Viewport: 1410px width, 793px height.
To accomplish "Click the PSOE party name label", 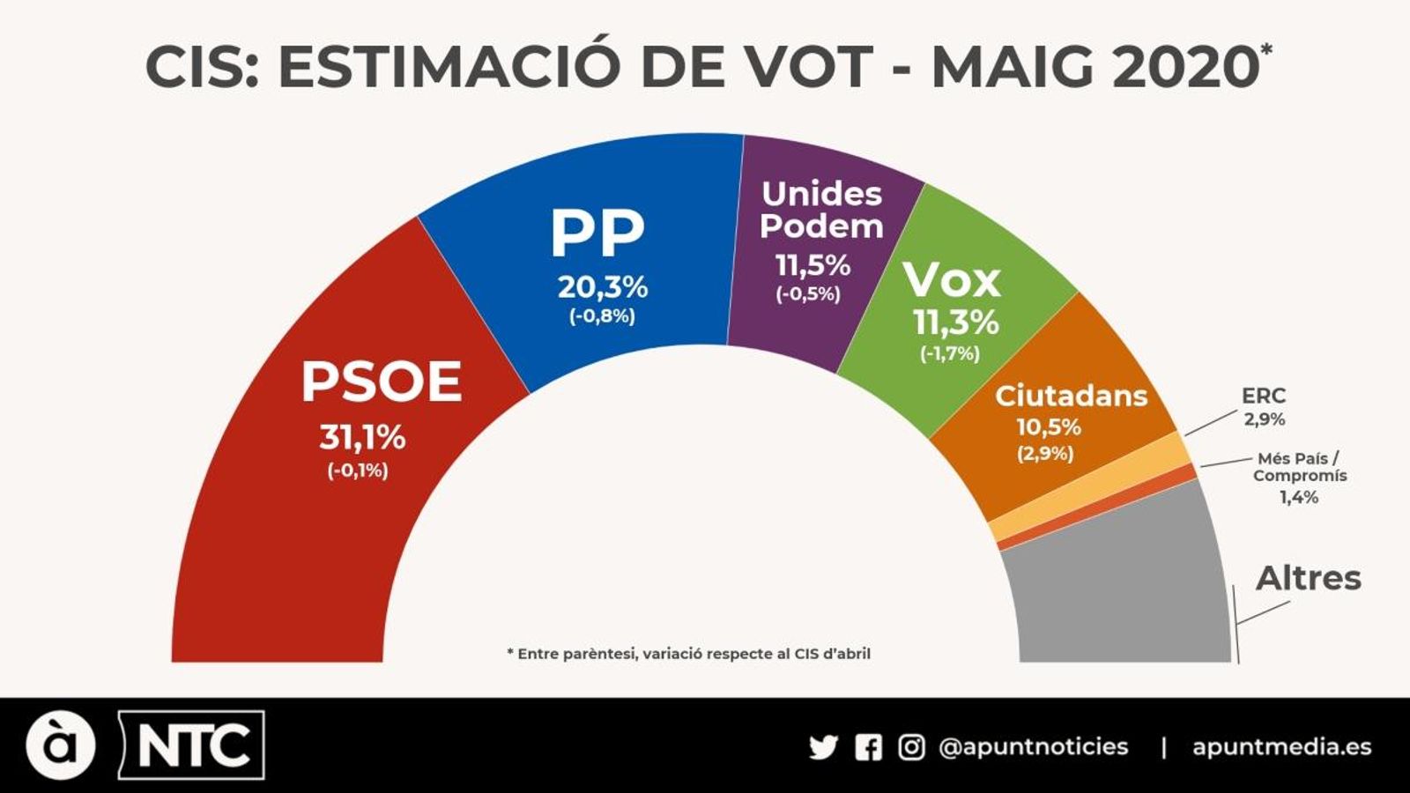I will [382, 382].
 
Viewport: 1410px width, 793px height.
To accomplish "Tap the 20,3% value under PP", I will [603, 287].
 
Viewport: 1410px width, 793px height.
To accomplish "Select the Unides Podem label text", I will [821, 210].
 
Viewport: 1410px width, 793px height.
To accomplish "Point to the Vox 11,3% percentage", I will [955, 322].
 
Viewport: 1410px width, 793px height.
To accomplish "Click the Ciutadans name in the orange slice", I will [1071, 396].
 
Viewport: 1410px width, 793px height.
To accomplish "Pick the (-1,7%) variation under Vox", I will [950, 353].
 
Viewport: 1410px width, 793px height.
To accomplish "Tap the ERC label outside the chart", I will [1264, 396].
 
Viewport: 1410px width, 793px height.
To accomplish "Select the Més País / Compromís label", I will [1299, 467].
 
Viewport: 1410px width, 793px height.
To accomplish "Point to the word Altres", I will [1308, 578].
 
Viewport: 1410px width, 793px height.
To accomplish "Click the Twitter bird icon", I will [823, 747].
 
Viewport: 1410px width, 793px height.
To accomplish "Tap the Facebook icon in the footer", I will [868, 747].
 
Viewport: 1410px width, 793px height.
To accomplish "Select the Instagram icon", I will [911, 747].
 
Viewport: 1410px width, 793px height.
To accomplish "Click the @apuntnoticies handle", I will [1033, 747].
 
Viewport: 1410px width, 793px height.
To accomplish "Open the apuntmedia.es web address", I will [1281, 747].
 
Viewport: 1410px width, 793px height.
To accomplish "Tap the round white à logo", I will [60, 745].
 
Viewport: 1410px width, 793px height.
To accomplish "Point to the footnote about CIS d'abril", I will [688, 654].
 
